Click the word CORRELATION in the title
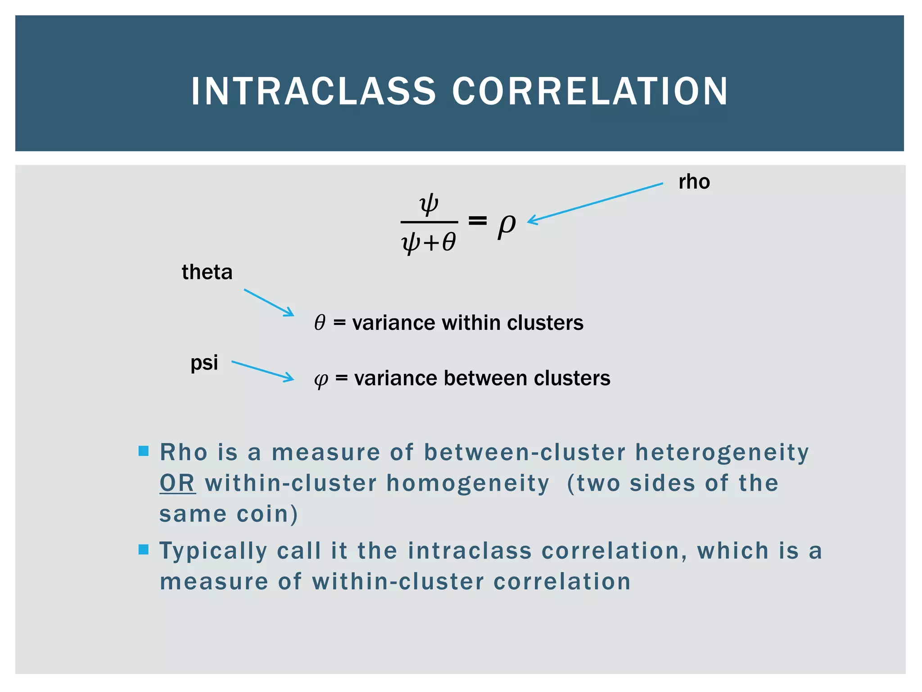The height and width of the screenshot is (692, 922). (x=590, y=91)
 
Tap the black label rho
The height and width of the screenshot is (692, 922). (x=694, y=182)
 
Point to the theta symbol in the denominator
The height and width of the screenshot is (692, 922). (x=449, y=242)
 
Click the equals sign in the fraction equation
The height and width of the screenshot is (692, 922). (x=477, y=220)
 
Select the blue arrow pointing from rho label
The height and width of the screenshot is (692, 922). (x=594, y=203)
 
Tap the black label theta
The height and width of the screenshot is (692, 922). (x=207, y=272)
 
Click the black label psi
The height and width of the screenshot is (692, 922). (x=204, y=363)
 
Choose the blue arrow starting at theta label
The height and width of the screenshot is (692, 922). (x=269, y=302)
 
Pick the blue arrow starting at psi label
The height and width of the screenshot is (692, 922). (x=262, y=371)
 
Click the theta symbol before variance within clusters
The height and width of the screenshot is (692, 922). (x=320, y=323)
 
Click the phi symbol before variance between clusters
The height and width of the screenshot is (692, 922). (x=321, y=379)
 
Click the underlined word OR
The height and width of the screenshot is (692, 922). (x=177, y=483)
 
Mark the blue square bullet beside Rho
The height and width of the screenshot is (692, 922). (x=144, y=451)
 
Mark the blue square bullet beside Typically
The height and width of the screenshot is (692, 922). (x=144, y=549)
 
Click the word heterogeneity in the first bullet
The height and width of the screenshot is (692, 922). (x=722, y=452)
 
